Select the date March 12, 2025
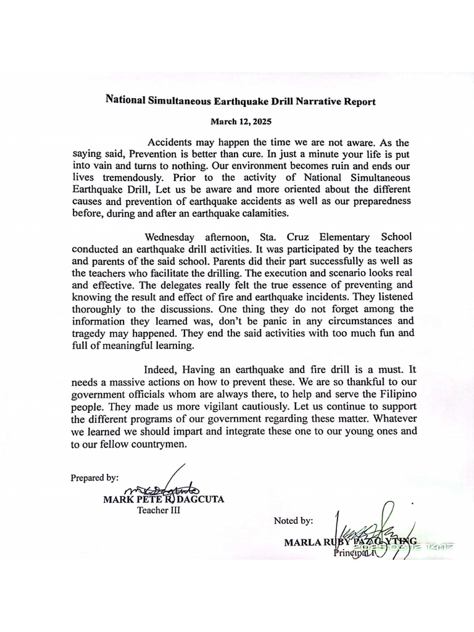(x=241, y=122)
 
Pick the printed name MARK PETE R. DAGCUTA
(x=163, y=499)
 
